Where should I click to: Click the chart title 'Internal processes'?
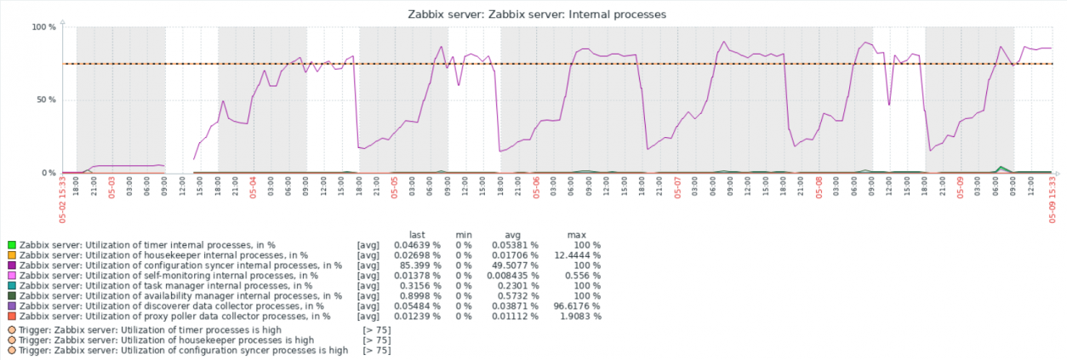[533, 14]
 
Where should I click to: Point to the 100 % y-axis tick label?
[43, 27]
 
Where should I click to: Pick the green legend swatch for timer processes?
[11, 245]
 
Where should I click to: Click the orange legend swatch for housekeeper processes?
[11, 255]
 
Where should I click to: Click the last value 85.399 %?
[417, 266]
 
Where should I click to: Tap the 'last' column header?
[417, 234]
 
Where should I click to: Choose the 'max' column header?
[577, 234]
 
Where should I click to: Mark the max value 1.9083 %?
[582, 317]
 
